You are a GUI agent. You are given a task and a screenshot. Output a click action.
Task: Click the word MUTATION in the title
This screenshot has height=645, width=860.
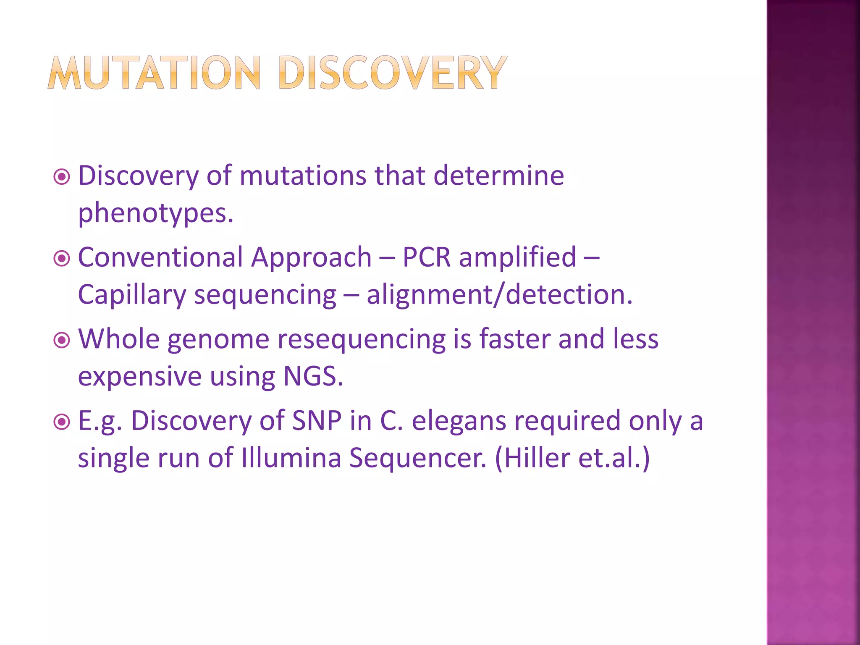pyautogui.click(x=154, y=73)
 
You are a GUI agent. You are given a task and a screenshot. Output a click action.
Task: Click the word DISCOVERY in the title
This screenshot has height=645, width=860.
pyautogui.click(x=392, y=73)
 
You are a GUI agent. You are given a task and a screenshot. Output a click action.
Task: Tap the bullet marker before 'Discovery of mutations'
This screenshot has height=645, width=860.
pyautogui.click(x=62, y=177)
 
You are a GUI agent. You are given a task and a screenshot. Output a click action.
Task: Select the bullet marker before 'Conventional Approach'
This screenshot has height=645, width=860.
pyautogui.click(x=62, y=258)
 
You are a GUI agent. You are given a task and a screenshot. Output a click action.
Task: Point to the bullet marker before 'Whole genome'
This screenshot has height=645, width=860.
pyautogui.click(x=62, y=340)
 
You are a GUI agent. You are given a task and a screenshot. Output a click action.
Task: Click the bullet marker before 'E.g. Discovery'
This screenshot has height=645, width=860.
pyautogui.click(x=62, y=422)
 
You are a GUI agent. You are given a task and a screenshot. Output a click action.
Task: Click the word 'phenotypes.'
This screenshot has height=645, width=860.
pyautogui.click(x=155, y=213)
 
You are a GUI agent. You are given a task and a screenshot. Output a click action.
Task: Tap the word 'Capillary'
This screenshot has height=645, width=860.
pyautogui.click(x=132, y=295)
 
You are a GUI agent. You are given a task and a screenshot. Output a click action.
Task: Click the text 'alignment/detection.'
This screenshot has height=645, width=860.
pyautogui.click(x=499, y=295)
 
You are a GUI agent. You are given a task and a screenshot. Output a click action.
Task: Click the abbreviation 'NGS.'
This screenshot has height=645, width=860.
pyautogui.click(x=313, y=376)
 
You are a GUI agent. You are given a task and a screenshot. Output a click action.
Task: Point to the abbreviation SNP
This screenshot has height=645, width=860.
pyautogui.click(x=317, y=421)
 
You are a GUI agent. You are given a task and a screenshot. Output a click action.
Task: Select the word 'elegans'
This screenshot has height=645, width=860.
pyautogui.click(x=459, y=421)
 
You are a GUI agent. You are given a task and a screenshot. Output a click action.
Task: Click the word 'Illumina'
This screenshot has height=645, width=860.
pyautogui.click(x=291, y=458)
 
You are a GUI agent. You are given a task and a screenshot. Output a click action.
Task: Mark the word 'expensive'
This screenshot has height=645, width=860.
pyautogui.click(x=140, y=376)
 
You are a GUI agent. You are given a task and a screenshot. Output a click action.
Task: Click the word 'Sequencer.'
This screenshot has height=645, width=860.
pyautogui.click(x=418, y=458)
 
